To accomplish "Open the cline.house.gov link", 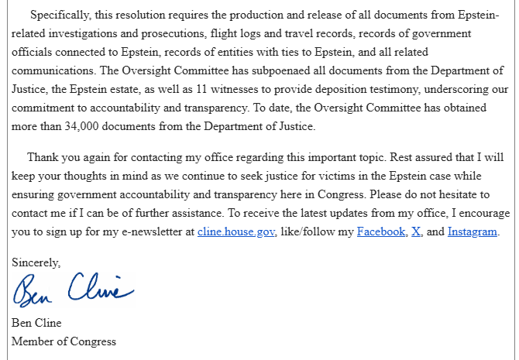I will [236, 231].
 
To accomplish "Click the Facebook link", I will [381, 231].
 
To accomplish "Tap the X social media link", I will [417, 231].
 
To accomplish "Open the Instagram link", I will [473, 231].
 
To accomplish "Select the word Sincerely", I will [36, 262].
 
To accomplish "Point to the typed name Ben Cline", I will [36, 323].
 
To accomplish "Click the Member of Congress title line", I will [64, 341].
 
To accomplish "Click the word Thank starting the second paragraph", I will [44, 157].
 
